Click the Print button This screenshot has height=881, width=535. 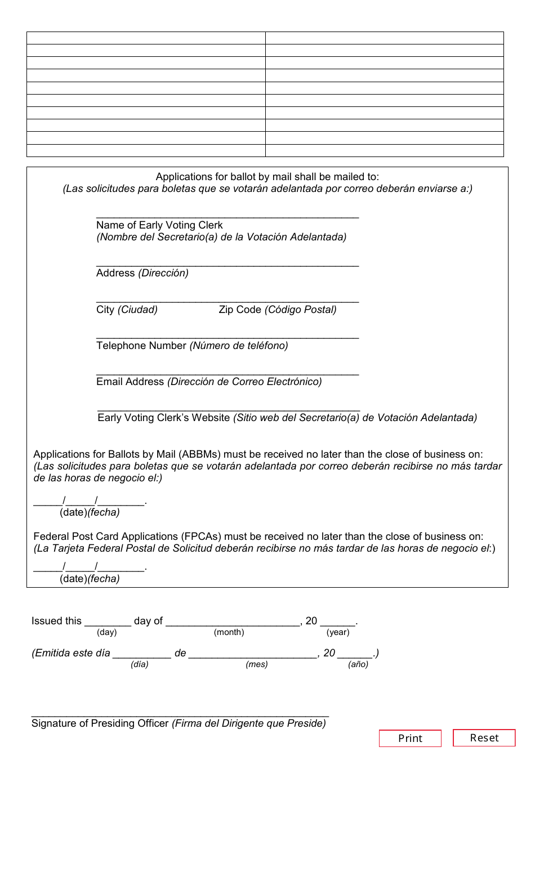pyautogui.click(x=410, y=738)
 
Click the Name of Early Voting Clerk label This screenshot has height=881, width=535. pyautogui.click(x=159, y=225)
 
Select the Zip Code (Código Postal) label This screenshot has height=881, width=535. pyautogui.click(x=278, y=310)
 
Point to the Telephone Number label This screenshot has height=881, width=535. pyautogui.click(x=141, y=346)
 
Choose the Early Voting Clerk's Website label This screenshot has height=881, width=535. pyautogui.click(x=164, y=418)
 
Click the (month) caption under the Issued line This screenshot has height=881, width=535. pyautogui.click(x=229, y=632)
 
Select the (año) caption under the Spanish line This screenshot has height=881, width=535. pyautogui.click(x=358, y=664)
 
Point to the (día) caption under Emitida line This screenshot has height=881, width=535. pyautogui.click(x=140, y=664)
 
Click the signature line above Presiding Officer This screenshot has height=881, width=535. pyautogui.click(x=180, y=714)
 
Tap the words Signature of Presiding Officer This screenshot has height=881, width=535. pyautogui.click(x=100, y=723)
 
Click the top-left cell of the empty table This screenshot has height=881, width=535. pyautogui.click(x=146, y=38)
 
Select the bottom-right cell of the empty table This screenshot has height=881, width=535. pyautogui.click(x=384, y=150)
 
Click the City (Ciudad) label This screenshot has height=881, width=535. pyautogui.click(x=127, y=310)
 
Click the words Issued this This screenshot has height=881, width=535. pyautogui.click(x=56, y=621)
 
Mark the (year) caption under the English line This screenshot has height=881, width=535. pyautogui.click(x=338, y=632)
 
